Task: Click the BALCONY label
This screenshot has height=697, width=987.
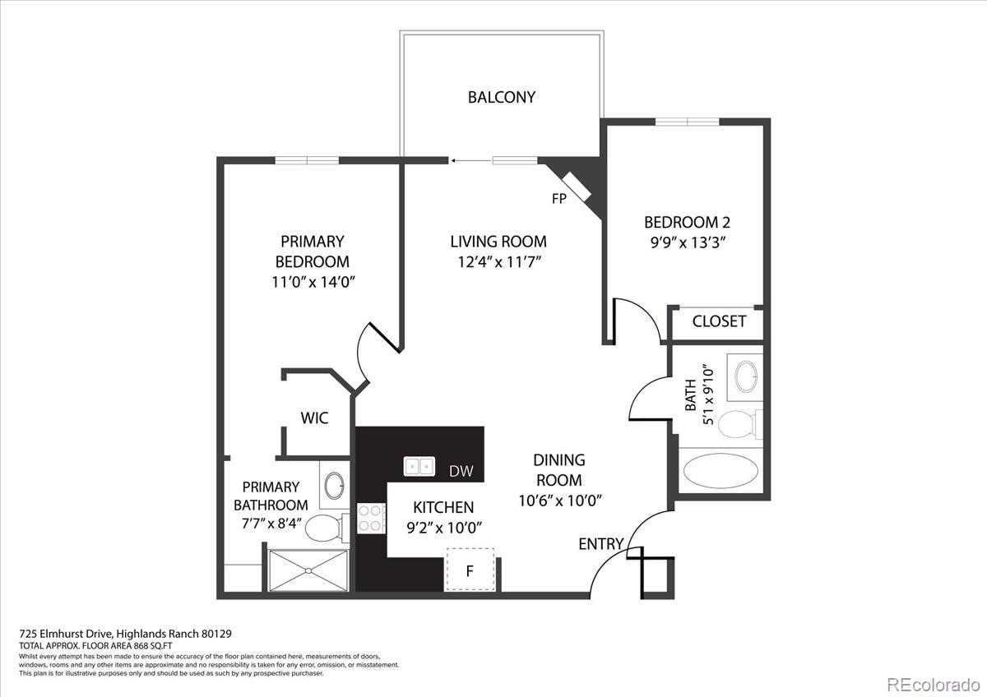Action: coord(501,97)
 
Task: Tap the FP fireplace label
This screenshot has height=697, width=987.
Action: coord(558,198)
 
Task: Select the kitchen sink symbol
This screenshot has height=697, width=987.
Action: coord(419,467)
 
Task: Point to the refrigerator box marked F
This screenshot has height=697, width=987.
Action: coord(470,570)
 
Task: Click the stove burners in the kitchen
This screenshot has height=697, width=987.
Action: coord(372,518)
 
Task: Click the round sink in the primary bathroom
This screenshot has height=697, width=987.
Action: coord(334,486)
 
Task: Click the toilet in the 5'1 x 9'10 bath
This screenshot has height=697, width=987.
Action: coord(737,424)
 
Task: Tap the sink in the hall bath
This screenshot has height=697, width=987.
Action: coord(747,376)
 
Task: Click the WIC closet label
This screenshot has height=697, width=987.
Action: coord(314,418)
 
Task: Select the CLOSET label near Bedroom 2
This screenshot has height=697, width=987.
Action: coord(719,321)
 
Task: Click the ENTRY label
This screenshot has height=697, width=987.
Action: coord(600,544)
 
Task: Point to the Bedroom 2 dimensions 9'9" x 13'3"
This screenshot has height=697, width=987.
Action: coord(687,242)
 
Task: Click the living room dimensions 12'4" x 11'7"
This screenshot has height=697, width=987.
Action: coord(498,262)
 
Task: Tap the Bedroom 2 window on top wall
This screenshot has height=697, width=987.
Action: coord(687,122)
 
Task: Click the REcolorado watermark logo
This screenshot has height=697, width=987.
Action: coord(933,683)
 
